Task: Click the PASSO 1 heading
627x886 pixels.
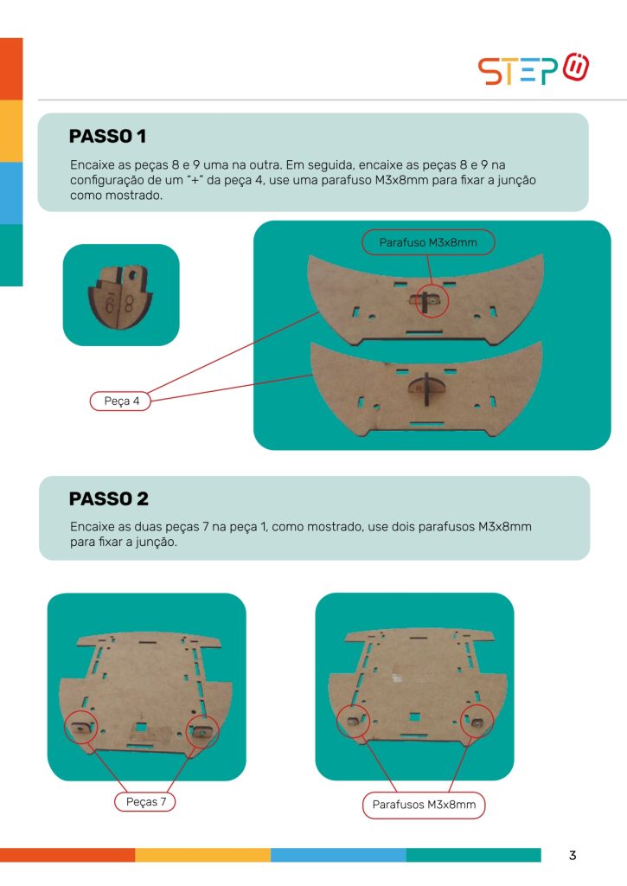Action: click(x=107, y=136)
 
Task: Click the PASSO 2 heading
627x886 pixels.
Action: click(x=108, y=499)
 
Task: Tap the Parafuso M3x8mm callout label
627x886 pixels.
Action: click(x=428, y=242)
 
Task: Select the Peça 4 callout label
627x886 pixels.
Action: click(x=121, y=401)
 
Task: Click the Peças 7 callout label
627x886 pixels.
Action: click(x=145, y=802)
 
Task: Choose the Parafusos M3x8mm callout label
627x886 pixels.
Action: click(x=424, y=805)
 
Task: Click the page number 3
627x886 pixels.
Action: click(x=573, y=856)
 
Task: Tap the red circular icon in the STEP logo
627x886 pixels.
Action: click(x=576, y=67)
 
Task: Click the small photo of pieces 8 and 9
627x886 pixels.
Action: click(x=121, y=295)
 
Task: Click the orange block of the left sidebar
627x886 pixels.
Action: click(x=11, y=69)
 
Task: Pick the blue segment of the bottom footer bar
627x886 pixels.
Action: click(x=338, y=855)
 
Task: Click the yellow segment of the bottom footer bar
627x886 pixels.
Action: click(x=202, y=855)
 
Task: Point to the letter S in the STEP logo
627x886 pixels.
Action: click(x=489, y=71)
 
